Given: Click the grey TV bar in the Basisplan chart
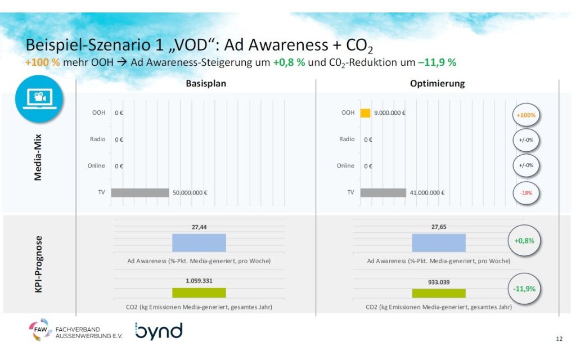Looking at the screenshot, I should [x=139, y=192].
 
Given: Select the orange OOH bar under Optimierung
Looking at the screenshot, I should [x=365, y=112].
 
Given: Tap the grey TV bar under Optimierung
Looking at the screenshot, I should [x=382, y=192].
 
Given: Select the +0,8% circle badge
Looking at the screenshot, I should [x=524, y=240].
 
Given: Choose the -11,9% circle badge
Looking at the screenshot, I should [x=524, y=289].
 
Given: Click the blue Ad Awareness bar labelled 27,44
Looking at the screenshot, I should [x=199, y=242].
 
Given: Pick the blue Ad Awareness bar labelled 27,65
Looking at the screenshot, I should [x=439, y=242].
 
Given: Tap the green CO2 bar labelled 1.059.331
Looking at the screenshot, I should [x=199, y=292].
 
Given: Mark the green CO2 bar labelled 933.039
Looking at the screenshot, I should [x=439, y=292].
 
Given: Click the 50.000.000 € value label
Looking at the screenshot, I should [x=190, y=193].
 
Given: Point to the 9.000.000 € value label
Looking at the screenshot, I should [x=390, y=112].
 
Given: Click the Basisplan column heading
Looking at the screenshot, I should [x=206, y=84].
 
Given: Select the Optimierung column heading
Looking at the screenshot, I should [x=436, y=84].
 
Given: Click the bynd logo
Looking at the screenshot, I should [x=159, y=331].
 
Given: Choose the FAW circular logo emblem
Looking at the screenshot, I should [x=40, y=330].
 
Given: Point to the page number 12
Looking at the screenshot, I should [x=559, y=339].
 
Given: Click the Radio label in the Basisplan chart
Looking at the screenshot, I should [x=97, y=139].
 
